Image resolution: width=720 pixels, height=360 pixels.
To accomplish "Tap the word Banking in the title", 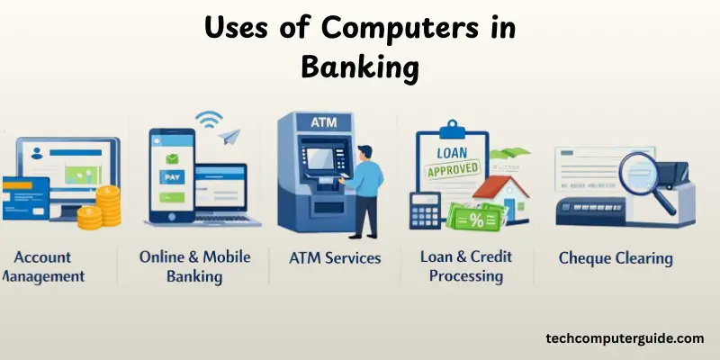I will click(x=359, y=67).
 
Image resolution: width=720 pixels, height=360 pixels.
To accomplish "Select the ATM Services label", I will click(x=335, y=258).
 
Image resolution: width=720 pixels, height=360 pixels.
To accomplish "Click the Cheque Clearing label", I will click(x=616, y=258).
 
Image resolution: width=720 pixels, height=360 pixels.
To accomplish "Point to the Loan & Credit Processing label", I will click(x=465, y=265).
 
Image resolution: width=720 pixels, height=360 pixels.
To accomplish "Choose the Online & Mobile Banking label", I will click(x=194, y=265).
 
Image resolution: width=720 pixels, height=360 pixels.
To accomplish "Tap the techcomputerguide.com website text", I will click(x=625, y=338).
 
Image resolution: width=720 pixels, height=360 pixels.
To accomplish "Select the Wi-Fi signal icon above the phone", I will click(x=210, y=120).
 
